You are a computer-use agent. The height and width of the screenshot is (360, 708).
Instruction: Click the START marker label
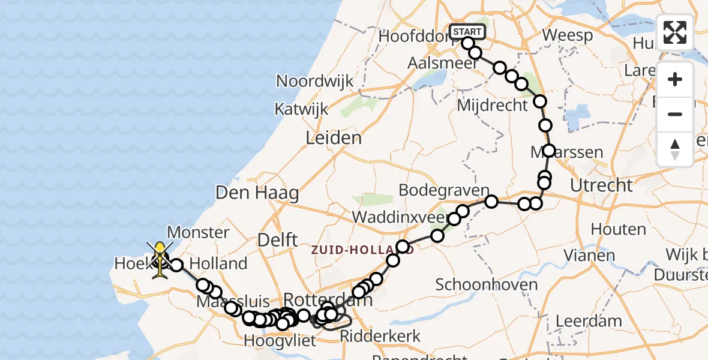click(466, 32)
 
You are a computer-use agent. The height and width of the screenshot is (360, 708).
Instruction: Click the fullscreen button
click(675, 32)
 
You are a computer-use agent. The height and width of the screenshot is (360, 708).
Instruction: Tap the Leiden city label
click(334, 138)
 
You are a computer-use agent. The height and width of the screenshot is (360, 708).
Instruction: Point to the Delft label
click(277, 240)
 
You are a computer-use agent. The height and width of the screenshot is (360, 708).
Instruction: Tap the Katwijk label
click(301, 109)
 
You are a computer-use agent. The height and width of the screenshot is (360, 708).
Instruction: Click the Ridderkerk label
click(380, 336)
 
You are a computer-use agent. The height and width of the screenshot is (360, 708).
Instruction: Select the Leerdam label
click(589, 320)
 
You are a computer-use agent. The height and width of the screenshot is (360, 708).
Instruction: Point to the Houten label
click(618, 229)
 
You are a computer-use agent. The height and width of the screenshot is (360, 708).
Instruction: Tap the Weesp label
click(568, 35)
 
